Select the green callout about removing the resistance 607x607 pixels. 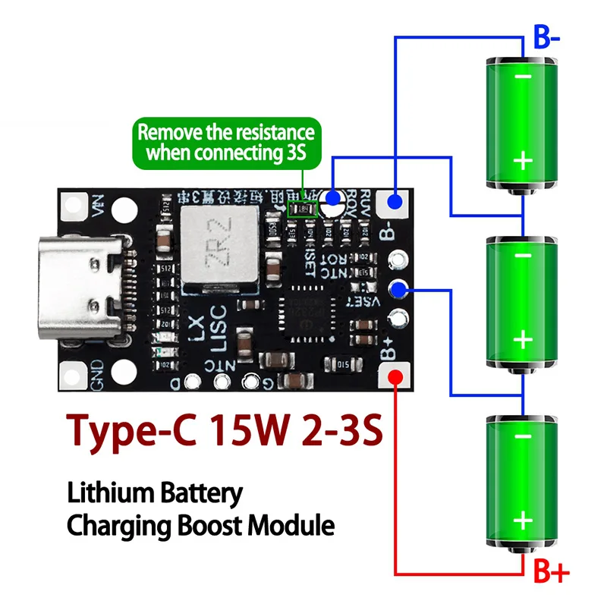pos(225,142)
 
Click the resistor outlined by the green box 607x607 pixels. pos(306,207)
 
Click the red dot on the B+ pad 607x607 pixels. pos(395,377)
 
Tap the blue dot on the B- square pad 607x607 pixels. pos(395,201)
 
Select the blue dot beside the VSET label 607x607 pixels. pos(395,288)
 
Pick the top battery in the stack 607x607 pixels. pos(522,121)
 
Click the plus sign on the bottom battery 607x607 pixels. pos(522,520)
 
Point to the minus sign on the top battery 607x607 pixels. pos(522,77)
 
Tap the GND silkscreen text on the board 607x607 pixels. pos(97,376)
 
